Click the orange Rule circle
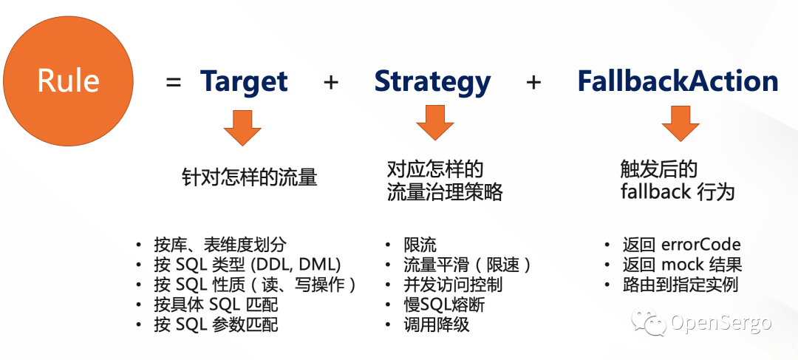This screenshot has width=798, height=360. [68, 81]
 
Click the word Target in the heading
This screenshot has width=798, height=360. [245, 81]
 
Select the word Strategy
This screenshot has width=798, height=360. [432, 83]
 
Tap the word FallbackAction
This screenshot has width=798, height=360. [678, 81]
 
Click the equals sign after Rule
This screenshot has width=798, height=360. [174, 82]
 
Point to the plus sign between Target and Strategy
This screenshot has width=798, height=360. [331, 82]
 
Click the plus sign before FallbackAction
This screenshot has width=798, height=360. [533, 82]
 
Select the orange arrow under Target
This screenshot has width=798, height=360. [242, 128]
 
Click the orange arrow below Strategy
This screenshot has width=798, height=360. [435, 122]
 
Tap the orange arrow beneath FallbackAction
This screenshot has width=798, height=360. [681, 123]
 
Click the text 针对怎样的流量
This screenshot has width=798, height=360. [250, 178]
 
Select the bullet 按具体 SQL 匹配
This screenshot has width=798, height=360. [216, 305]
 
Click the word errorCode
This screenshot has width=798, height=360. [700, 245]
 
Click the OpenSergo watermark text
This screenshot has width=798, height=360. [721, 322]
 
